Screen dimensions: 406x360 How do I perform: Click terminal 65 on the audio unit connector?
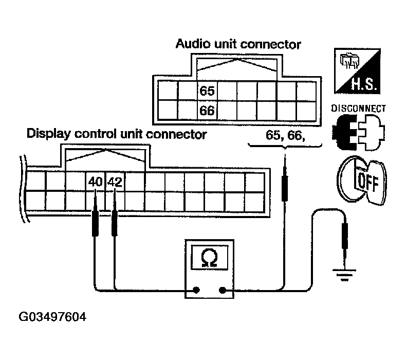pos(207,91)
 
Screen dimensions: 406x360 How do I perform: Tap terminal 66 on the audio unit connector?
pos(207,111)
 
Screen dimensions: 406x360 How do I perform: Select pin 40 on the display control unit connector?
pos(95,182)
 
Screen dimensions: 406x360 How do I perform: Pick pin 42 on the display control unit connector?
pos(115,182)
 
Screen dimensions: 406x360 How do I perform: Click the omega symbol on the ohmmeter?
pos(209,258)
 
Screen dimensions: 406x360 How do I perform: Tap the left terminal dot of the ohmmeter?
pos(196,290)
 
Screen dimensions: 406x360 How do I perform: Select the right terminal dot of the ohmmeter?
pos(223,290)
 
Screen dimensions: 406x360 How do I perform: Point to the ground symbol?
pos(344,275)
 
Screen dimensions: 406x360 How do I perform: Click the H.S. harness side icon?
pos(357,71)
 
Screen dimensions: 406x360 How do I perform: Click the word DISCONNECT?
pos(359,109)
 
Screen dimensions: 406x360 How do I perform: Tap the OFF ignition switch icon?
pos(362,180)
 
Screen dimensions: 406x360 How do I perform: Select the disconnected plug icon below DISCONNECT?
pos(358,132)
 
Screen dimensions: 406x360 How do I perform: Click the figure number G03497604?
pos(52,317)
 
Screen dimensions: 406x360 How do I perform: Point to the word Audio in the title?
pos(193,44)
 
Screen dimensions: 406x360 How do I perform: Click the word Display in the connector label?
pos(49,134)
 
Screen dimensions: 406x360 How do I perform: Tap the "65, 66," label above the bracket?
pos(285,135)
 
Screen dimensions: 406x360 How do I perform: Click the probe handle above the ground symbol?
pos(345,236)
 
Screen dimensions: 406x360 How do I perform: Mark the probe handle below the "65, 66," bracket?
pos(285,184)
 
